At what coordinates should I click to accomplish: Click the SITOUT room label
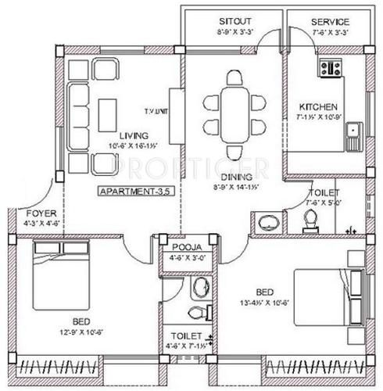click(x=234, y=21)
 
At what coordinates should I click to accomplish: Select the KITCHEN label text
click(x=317, y=106)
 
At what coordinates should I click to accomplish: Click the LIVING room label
click(x=119, y=134)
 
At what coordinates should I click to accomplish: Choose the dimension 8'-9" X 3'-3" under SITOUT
click(x=234, y=33)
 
